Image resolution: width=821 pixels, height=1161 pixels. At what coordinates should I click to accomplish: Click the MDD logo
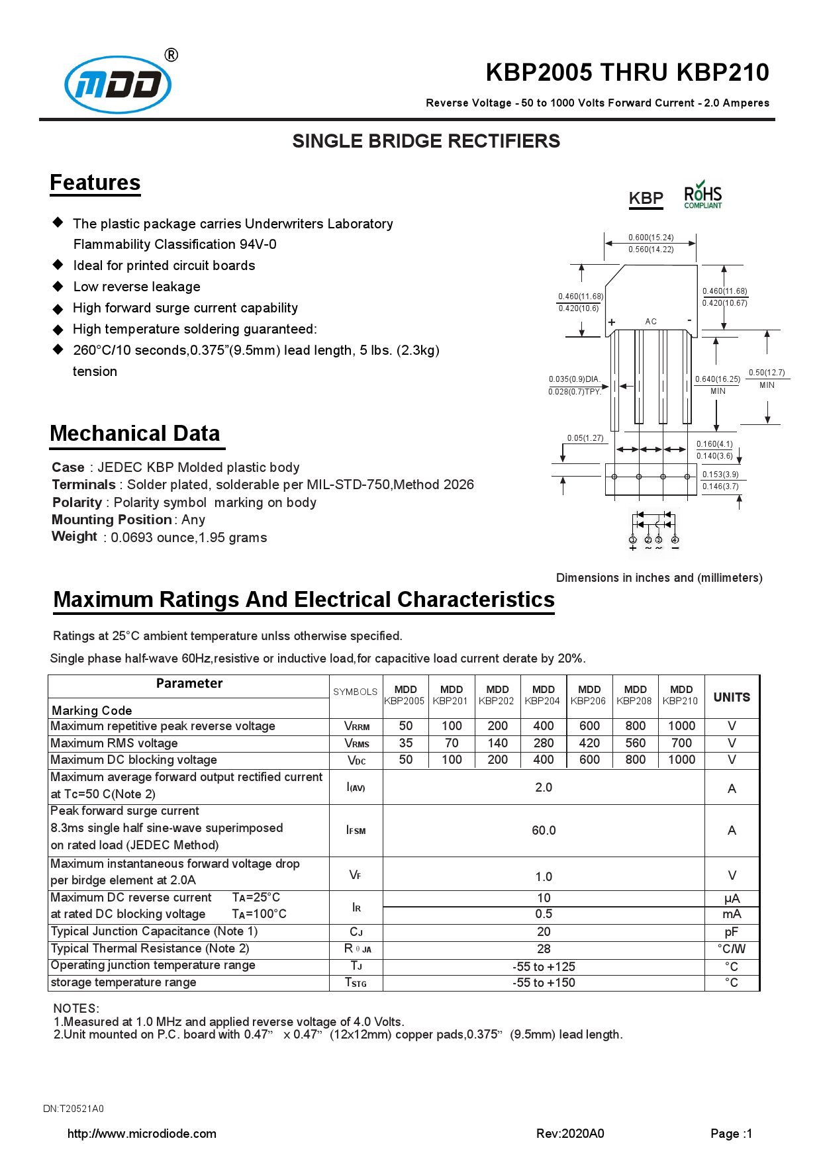(118, 85)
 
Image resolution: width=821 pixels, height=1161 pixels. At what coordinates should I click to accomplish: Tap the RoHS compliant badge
(702, 195)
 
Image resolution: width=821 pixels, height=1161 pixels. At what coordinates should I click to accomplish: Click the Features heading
(95, 183)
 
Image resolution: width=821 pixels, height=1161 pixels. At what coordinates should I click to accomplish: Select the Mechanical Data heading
(134, 434)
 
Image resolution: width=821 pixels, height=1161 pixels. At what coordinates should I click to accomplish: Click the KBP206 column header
(589, 696)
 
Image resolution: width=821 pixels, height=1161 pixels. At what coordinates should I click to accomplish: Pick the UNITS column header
(732, 697)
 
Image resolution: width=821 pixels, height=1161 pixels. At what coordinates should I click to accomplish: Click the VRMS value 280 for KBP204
(544, 743)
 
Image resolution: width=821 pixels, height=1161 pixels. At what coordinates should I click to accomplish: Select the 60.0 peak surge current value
(544, 831)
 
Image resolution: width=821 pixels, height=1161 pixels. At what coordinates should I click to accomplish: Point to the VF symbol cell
(356, 875)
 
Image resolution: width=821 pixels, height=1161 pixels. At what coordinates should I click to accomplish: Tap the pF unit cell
(732, 932)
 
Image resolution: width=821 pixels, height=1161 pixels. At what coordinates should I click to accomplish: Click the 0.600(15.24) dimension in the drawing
(651, 238)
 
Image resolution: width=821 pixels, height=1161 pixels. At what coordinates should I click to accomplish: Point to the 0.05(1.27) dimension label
(585, 438)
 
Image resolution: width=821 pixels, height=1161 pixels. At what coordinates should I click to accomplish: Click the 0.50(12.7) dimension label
(767, 373)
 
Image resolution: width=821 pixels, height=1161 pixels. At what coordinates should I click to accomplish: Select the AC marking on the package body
(651, 322)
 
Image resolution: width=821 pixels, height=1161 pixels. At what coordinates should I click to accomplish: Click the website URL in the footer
(142, 1134)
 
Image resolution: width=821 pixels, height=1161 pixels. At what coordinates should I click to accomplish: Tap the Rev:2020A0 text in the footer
(570, 1134)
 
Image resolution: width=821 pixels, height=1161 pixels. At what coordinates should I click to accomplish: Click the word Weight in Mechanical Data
(74, 536)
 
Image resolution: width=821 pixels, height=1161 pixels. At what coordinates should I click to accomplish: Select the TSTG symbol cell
(356, 983)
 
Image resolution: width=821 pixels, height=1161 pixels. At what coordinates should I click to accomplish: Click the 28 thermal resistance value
(544, 949)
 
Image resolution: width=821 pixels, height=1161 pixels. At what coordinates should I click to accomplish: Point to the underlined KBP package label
(646, 199)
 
